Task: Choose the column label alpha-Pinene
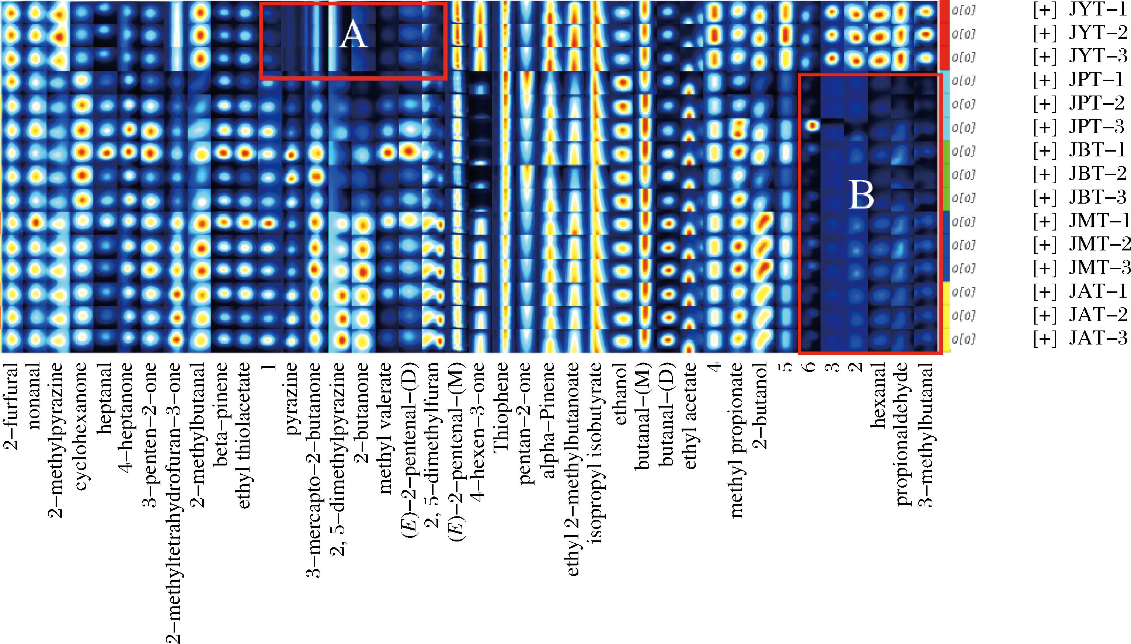click(549, 413)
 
